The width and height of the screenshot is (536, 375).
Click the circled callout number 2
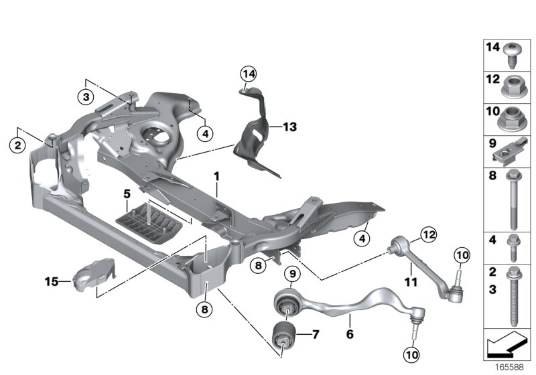pyautogui.click(x=18, y=144)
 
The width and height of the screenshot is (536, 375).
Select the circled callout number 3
pyautogui.click(x=86, y=96)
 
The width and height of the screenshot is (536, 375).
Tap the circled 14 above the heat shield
pyautogui.click(x=249, y=73)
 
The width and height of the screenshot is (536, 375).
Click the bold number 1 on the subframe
pyautogui.click(x=216, y=175)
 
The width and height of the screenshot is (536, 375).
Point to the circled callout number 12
pyautogui.click(x=427, y=234)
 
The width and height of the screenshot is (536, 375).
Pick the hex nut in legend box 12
pyautogui.click(x=513, y=86)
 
